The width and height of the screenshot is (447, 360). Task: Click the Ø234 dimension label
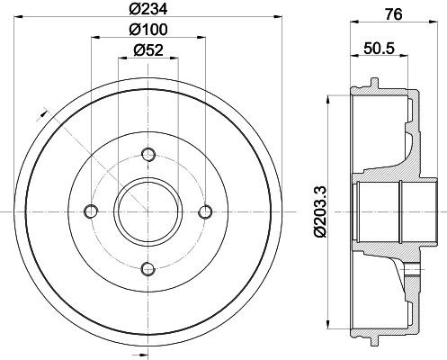click(x=148, y=11)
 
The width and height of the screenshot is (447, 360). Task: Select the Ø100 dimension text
click(x=148, y=30)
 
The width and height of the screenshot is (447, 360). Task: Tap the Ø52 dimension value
click(x=148, y=50)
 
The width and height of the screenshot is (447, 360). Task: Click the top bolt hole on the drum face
click(x=148, y=153)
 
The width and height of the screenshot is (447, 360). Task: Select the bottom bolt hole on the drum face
click(x=148, y=267)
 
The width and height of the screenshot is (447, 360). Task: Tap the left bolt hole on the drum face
click(x=90, y=211)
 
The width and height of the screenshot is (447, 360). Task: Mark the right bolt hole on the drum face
click(x=205, y=211)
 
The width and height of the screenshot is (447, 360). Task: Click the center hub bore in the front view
click(x=148, y=211)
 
